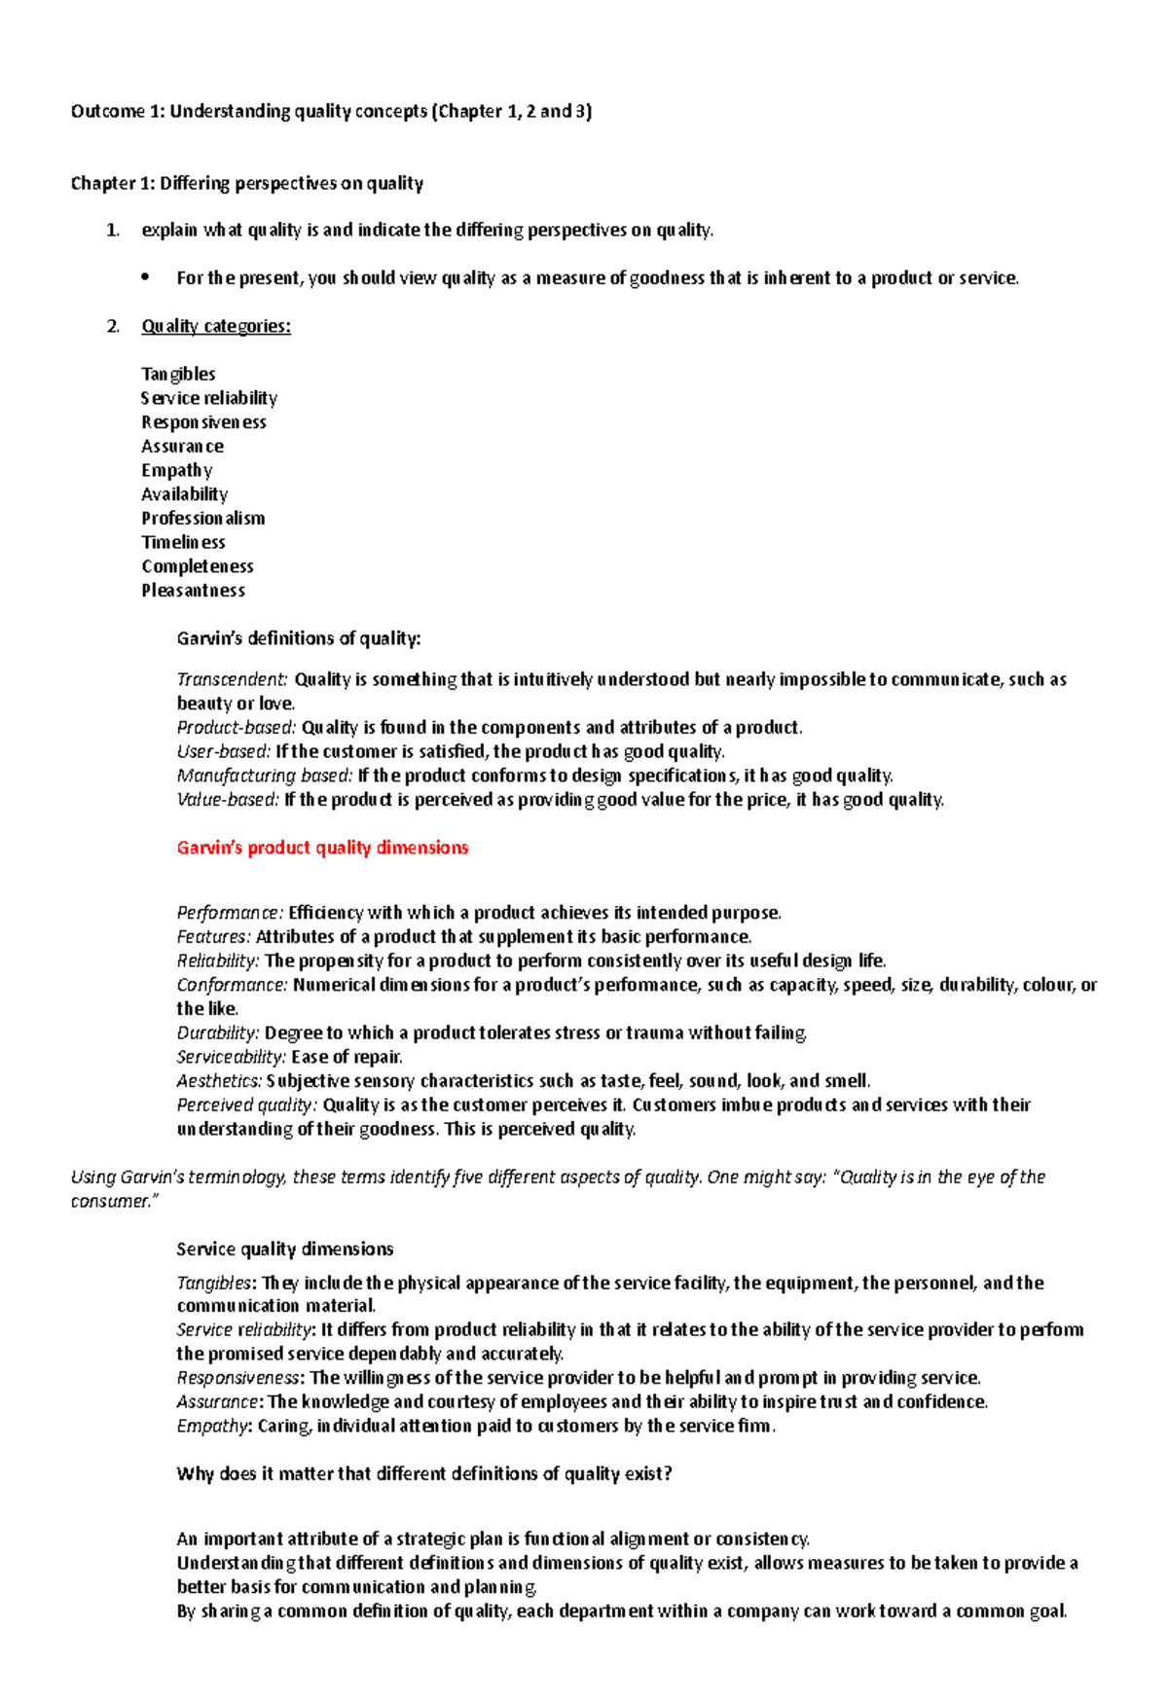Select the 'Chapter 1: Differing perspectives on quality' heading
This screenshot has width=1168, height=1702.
pyautogui.click(x=247, y=183)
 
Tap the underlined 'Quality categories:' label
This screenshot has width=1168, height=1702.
pyautogui.click(x=216, y=326)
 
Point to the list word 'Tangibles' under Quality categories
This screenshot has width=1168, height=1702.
pyautogui.click(x=178, y=374)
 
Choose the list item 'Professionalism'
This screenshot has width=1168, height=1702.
pyautogui.click(x=202, y=519)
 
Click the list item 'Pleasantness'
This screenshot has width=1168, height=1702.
pyautogui.click(x=193, y=591)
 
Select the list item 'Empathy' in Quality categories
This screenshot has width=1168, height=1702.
pyautogui.click(x=176, y=470)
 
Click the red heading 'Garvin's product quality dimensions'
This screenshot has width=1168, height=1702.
pyautogui.click(x=322, y=848)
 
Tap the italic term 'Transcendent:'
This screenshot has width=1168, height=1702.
pyautogui.click(x=232, y=679)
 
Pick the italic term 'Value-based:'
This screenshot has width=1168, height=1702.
pyautogui.click(x=228, y=800)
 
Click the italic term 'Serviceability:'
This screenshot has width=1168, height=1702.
pyautogui.click(x=231, y=1057)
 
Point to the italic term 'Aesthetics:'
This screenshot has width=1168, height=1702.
pyautogui.click(x=219, y=1081)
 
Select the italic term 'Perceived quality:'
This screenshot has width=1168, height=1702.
pyautogui.click(x=246, y=1105)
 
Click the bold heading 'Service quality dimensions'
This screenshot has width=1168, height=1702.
pyautogui.click(x=285, y=1249)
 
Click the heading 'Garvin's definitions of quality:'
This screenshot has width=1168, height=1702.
pyautogui.click(x=299, y=638)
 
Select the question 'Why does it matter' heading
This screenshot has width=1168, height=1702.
pyautogui.click(x=424, y=1473)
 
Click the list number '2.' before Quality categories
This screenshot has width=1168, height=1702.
pyautogui.click(x=113, y=326)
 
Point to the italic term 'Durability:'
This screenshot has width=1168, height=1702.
pyautogui.click(x=218, y=1032)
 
